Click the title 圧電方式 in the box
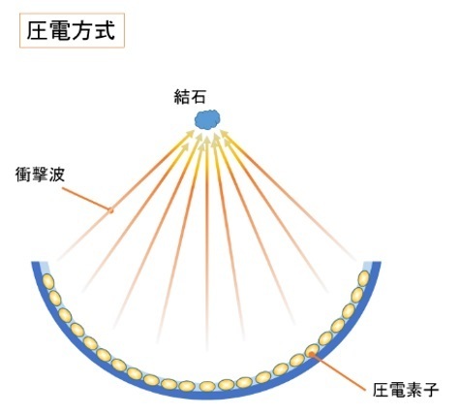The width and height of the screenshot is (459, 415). pos(71,31)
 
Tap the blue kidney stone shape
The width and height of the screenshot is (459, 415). pos(207,119)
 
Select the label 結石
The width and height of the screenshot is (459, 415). pos(190,96)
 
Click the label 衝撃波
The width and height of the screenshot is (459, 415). pos(40,175)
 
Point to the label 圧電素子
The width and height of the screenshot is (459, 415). pos(406,390)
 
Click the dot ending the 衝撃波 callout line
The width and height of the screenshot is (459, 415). pos(110,210)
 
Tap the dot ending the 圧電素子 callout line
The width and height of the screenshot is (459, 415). pos(312,354)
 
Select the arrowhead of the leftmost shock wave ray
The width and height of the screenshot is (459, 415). pos(190,134)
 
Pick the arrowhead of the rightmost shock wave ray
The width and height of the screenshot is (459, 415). pos(225,134)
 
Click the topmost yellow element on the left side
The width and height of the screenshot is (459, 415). pos(48,281)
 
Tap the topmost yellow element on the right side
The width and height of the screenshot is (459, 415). pos(364,278)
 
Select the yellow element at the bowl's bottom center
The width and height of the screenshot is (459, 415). pos(207,386)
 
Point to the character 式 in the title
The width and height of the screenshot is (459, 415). pos(105,31)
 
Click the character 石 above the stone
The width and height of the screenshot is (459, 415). pos(198,96)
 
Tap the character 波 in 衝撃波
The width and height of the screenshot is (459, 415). pos(57,175)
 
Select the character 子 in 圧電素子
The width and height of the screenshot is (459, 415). pos(431,390)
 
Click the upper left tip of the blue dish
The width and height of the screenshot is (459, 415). pos(35,263)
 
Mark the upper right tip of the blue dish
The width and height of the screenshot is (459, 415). pos(377,263)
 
